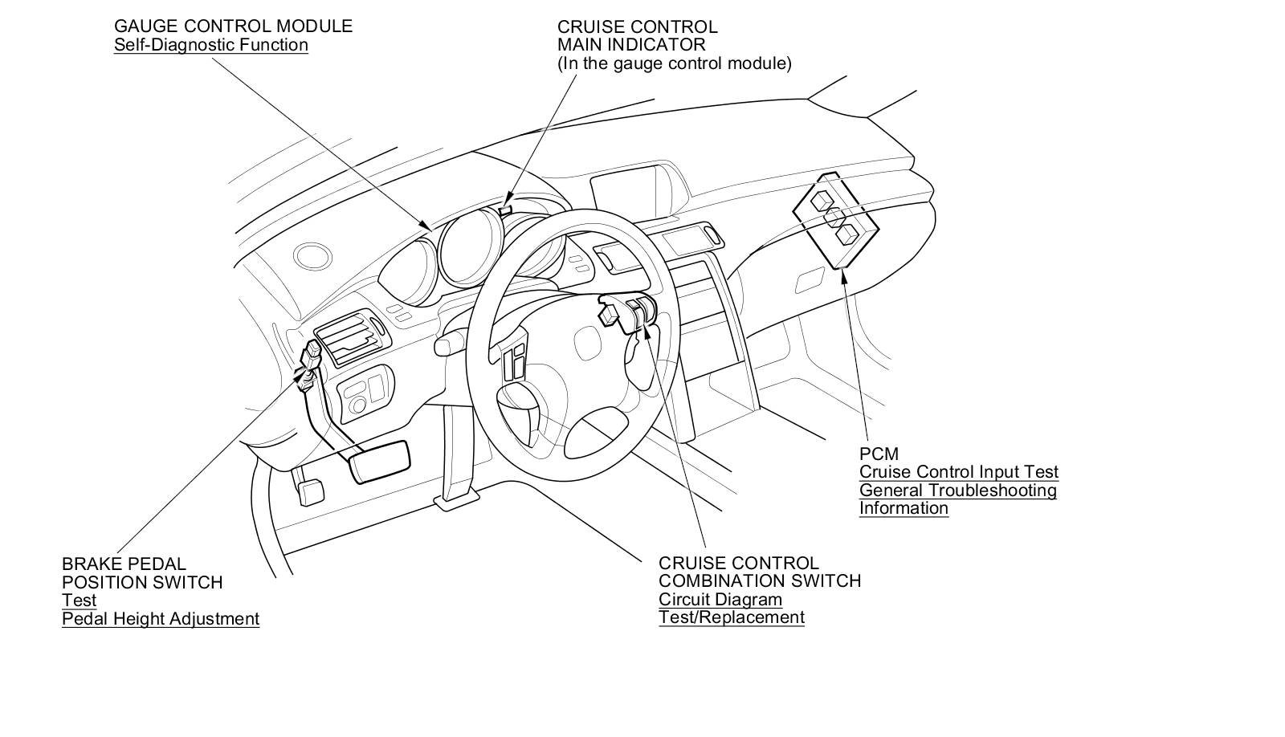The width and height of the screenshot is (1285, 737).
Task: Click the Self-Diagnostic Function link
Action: pos(210,44)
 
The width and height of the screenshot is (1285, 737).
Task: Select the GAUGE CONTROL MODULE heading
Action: pos(233,26)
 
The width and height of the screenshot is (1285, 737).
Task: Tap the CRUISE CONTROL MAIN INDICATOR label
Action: pos(637,36)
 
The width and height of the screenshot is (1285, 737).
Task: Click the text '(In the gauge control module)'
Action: pos(675,63)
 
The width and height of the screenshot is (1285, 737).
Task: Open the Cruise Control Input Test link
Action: pos(958,472)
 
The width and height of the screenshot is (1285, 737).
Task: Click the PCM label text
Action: pos(879,454)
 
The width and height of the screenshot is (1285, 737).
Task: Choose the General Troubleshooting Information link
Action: pos(957,499)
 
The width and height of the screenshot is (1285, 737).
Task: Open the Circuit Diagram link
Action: pos(720,599)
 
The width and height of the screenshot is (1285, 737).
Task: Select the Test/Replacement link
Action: pos(731,617)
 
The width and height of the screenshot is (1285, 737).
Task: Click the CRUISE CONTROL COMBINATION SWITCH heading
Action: pos(759,572)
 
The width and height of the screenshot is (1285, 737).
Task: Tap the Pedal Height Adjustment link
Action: pos(161,618)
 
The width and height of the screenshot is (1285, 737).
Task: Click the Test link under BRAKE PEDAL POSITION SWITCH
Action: pos(79,600)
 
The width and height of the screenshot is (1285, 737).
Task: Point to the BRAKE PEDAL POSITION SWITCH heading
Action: pos(141,573)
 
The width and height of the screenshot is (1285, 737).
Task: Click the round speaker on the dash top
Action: pos(312,256)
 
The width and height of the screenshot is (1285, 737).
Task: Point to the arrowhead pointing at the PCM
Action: pos(843,277)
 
